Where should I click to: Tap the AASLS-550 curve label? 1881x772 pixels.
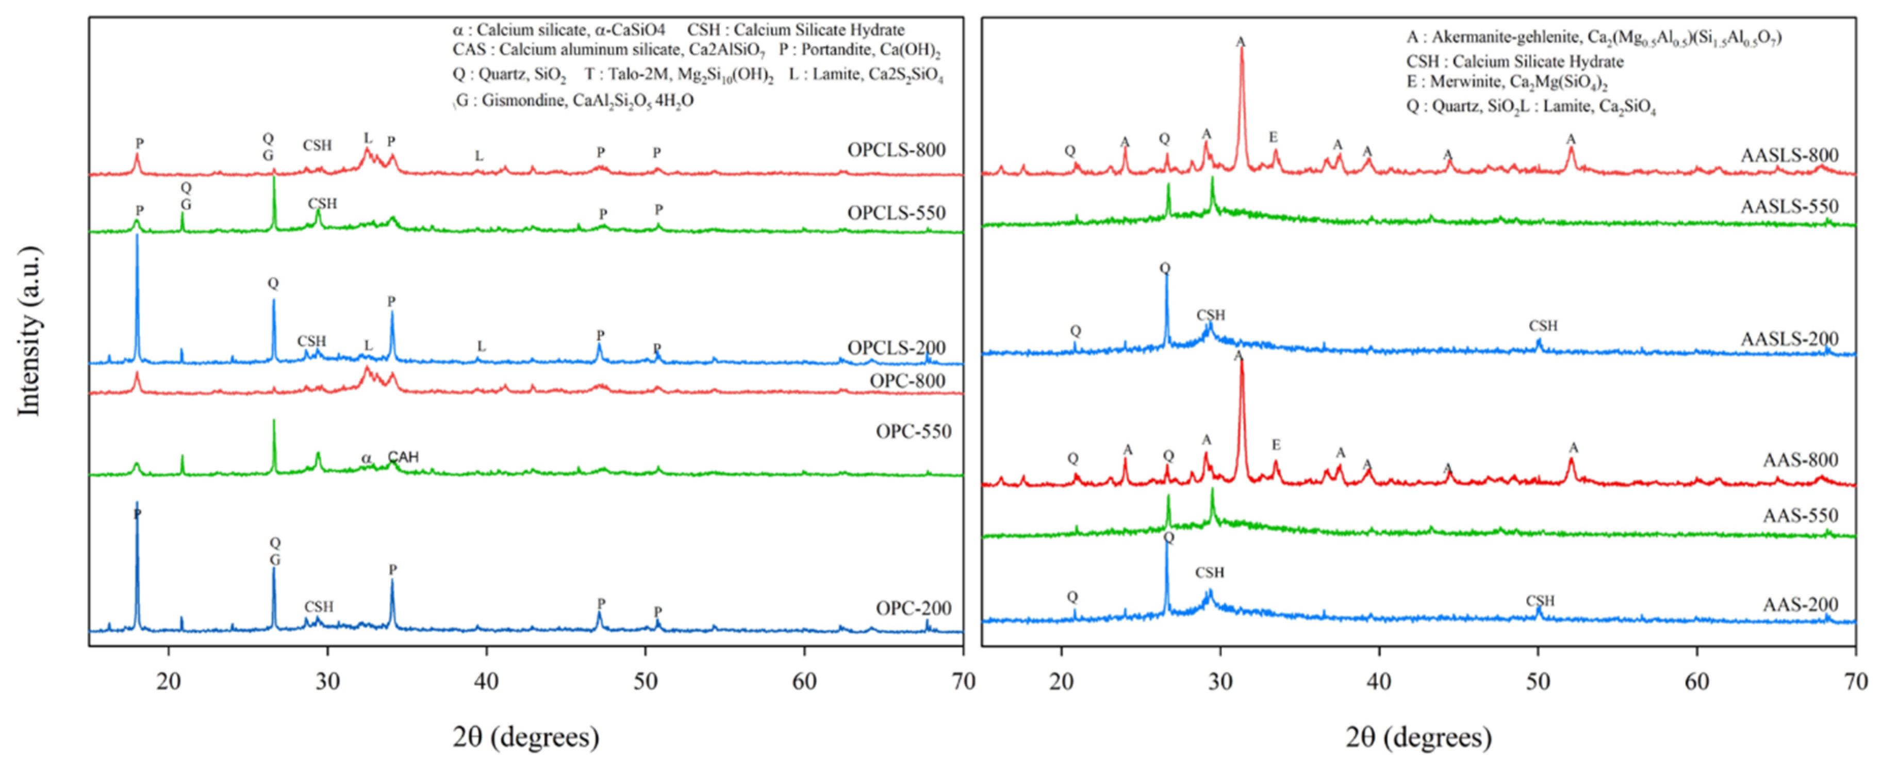pyautogui.click(x=1789, y=207)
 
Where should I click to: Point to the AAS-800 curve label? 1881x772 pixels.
pyautogui.click(x=1800, y=460)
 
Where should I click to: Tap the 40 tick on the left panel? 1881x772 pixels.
pyautogui.click(x=486, y=681)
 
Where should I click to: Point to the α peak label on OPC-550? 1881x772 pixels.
pyautogui.click(x=366, y=458)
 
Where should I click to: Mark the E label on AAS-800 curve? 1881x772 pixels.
pyautogui.click(x=1276, y=445)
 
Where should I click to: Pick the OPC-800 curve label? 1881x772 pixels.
pyautogui.click(x=907, y=381)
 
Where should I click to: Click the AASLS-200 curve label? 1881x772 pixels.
pyautogui.click(x=1789, y=339)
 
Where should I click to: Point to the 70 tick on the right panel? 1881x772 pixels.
pyautogui.click(x=1855, y=681)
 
